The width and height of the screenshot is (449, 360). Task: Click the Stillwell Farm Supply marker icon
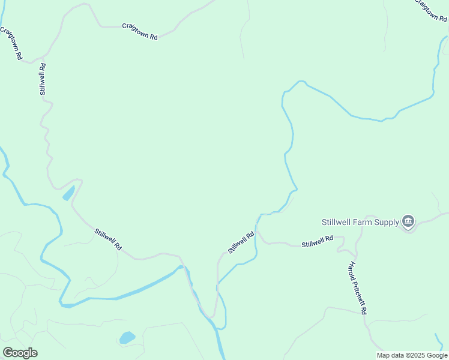tap(408, 221)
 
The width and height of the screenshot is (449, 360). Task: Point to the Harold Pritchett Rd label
tap(358, 288)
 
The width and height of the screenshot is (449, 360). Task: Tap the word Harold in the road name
tap(352, 272)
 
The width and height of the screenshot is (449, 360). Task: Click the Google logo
tap(20, 353)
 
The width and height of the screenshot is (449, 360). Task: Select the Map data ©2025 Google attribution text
tap(412, 355)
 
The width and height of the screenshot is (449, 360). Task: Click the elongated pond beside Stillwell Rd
tap(68, 193)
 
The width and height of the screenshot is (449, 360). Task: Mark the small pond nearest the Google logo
tap(127, 337)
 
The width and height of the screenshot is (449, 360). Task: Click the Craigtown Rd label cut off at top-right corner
tap(432, 10)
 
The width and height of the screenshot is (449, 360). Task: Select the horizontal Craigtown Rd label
tap(139, 31)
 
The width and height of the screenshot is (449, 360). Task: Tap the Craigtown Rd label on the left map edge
tap(11, 43)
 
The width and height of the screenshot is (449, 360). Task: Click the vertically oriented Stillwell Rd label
tap(42, 79)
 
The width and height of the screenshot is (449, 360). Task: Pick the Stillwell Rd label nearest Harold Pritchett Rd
tap(317, 242)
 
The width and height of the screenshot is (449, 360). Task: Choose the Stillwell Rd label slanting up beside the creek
tap(241, 242)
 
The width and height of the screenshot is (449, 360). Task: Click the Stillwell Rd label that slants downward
tap(108, 239)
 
